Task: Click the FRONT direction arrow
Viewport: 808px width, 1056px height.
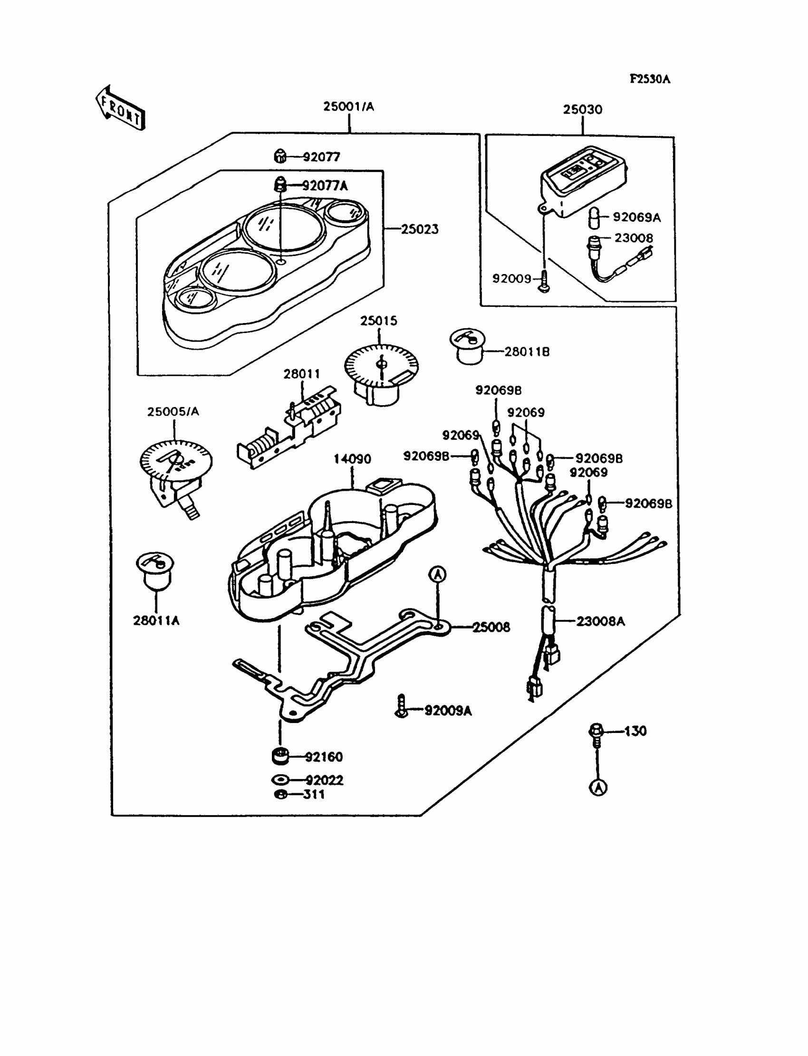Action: [x=120, y=109]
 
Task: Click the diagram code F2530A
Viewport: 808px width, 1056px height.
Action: [x=650, y=79]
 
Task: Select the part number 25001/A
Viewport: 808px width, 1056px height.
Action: [x=348, y=107]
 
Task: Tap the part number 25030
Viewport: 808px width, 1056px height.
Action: [x=582, y=110]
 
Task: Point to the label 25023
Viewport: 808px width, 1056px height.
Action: [x=420, y=229]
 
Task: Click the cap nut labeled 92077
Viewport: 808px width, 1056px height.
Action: [x=280, y=156]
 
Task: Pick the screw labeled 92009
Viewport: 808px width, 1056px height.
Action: [x=544, y=280]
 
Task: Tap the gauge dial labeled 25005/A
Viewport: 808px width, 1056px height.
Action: [x=176, y=474]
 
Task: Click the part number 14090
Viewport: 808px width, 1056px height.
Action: [x=352, y=459]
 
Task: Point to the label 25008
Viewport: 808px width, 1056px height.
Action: [x=491, y=627]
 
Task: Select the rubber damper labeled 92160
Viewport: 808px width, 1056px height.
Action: [x=280, y=756]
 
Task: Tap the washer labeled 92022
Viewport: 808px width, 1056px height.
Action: [x=280, y=780]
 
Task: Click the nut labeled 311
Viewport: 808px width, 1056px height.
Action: [x=280, y=795]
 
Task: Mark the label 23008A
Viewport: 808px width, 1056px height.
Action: [x=601, y=621]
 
